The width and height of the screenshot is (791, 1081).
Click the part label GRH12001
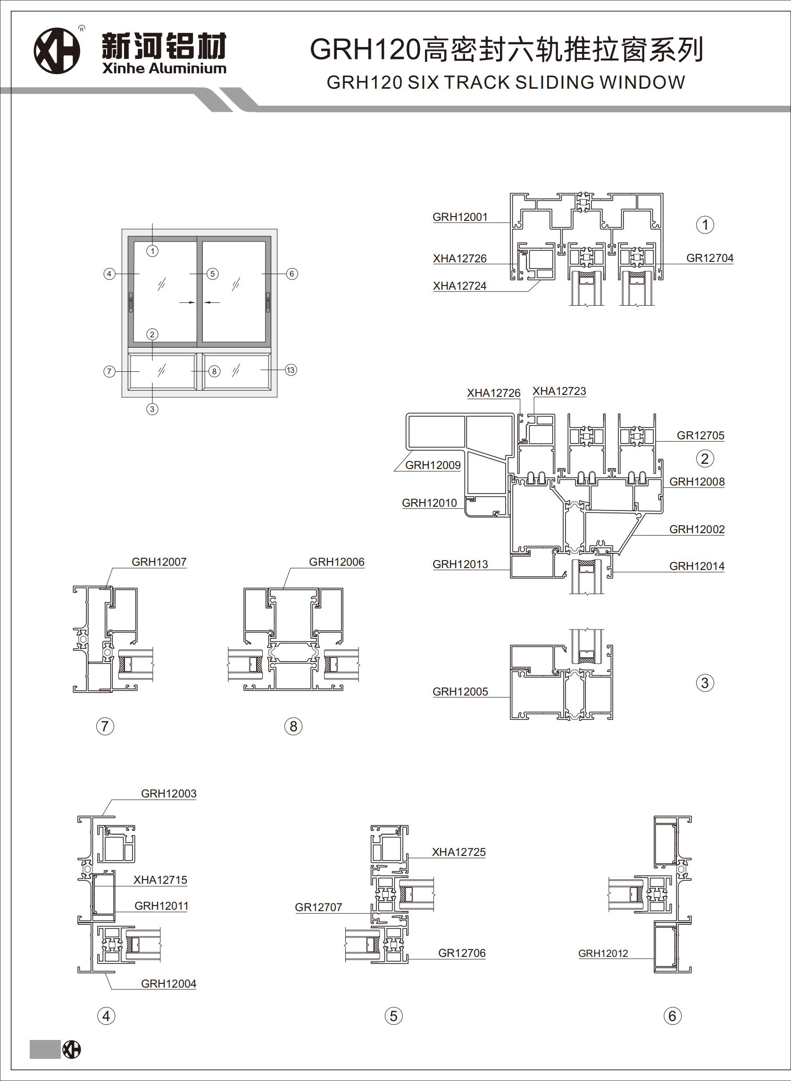pos(460,217)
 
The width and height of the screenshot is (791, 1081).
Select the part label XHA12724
pos(460,286)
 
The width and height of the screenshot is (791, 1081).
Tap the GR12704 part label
pos(709,258)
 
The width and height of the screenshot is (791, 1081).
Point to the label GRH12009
pos(433,465)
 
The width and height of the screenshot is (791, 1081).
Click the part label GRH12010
pos(429,503)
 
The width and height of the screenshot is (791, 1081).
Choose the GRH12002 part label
pos(697,529)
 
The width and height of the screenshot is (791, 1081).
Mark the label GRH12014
pos(697,566)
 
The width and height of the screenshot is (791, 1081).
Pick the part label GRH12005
pos(460,692)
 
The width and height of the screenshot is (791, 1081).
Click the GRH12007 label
pos(159,562)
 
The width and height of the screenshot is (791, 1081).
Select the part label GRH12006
pos(337,562)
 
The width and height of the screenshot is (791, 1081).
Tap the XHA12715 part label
pos(160,880)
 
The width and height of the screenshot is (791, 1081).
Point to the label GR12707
pos(318,907)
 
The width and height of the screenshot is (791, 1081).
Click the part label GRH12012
pos(603,953)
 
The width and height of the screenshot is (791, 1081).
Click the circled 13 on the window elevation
pos(291,370)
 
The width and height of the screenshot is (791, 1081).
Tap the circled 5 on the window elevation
pos(213,274)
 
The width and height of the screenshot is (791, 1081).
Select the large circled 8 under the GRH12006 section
pos(293,727)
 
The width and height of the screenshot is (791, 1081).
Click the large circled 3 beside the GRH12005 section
pos(705,683)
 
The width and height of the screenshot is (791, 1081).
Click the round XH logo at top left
pos(57,51)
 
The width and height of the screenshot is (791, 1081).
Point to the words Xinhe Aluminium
pos(164,68)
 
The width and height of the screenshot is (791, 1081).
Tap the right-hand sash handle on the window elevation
pos(268,303)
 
